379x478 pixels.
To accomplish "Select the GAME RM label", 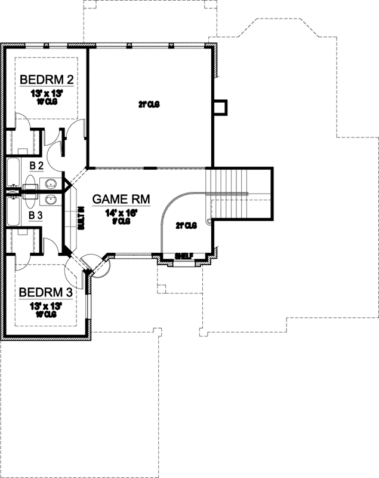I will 121,200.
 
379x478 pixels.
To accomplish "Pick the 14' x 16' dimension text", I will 121,212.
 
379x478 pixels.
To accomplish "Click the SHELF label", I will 183,256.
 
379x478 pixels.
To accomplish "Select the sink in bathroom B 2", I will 50,183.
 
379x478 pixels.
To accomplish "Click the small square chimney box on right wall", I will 220,107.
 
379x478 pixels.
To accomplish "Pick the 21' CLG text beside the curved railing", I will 186,226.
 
